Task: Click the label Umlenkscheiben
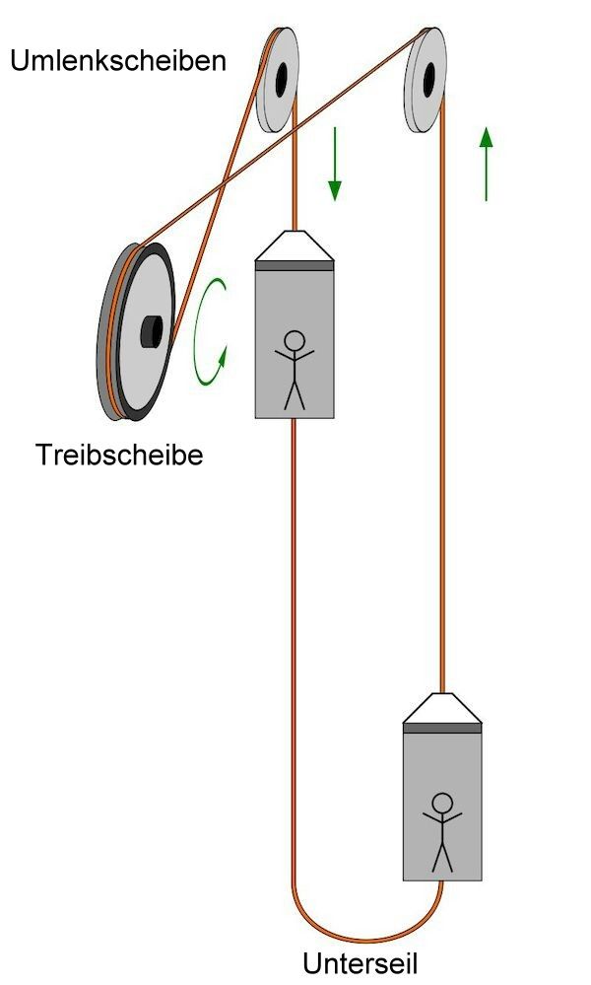click(x=118, y=61)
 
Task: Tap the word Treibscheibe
click(x=119, y=456)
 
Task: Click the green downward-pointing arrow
click(x=335, y=163)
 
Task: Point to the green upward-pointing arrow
click(x=485, y=164)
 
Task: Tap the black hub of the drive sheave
click(x=150, y=331)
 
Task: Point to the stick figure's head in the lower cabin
click(x=443, y=803)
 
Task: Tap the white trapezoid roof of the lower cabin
click(x=442, y=707)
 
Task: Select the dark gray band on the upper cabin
click(x=295, y=264)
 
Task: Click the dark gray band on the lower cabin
click(x=442, y=728)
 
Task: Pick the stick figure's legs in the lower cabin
click(x=443, y=855)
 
